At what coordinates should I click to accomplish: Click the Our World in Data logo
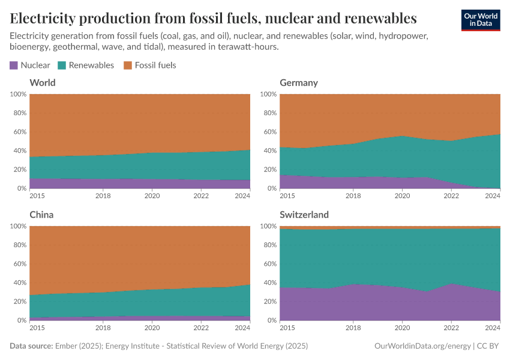click(x=480, y=19)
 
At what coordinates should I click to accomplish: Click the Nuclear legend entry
click(x=29, y=65)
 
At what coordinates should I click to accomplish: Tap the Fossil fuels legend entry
click(x=149, y=65)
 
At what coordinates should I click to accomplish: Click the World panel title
click(x=42, y=82)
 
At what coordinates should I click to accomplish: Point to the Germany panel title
click(x=298, y=82)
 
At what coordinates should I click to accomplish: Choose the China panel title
click(x=42, y=214)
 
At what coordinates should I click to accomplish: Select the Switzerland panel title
click(x=304, y=214)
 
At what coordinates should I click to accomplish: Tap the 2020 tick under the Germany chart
click(x=402, y=196)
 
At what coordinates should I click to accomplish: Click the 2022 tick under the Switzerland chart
click(x=451, y=328)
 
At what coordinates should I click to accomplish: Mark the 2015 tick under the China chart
click(x=37, y=328)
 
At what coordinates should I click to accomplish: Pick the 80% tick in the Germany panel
click(x=269, y=113)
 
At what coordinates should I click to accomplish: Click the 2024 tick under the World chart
click(x=242, y=196)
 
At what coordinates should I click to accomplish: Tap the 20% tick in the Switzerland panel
click(x=269, y=302)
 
